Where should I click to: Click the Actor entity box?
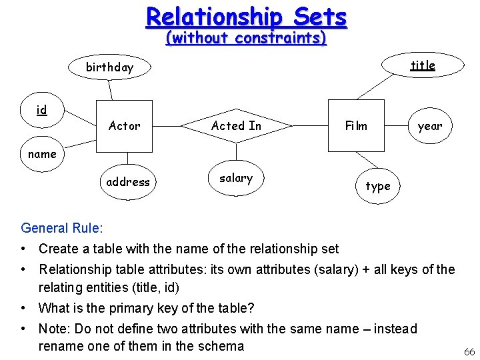point(125,126)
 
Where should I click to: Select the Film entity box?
point(356,126)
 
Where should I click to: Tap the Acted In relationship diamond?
point(237,126)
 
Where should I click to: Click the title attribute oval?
point(422,65)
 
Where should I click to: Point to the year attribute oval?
point(429,126)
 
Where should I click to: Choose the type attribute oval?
point(378,186)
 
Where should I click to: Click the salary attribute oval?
point(236,179)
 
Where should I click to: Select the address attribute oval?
point(128,182)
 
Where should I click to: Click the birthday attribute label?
point(109,67)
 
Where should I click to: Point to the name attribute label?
point(42,154)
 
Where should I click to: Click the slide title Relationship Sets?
point(247,16)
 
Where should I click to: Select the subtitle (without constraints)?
point(246,38)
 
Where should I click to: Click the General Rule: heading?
point(62,228)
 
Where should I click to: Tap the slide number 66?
point(469,351)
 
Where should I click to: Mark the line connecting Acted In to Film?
point(310,125)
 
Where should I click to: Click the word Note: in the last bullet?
point(55,329)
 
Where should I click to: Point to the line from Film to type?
point(365,161)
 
